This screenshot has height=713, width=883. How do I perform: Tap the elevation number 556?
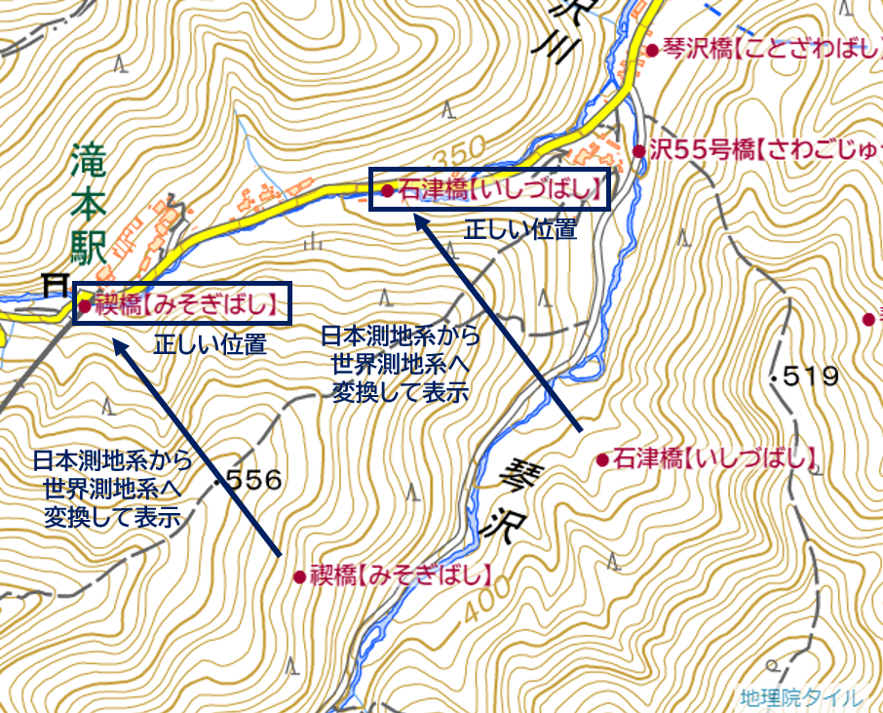click(252, 480)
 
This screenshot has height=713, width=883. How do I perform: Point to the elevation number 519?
click(807, 376)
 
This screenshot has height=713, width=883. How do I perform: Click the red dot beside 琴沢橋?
click(651, 51)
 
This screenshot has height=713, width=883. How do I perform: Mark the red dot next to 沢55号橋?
click(638, 151)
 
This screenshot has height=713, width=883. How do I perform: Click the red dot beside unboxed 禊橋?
click(299, 577)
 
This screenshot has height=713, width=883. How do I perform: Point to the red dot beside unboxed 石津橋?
click(602, 458)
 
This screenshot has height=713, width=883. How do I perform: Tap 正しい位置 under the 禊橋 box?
click(210, 344)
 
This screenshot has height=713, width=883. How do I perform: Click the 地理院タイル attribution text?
click(800, 697)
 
